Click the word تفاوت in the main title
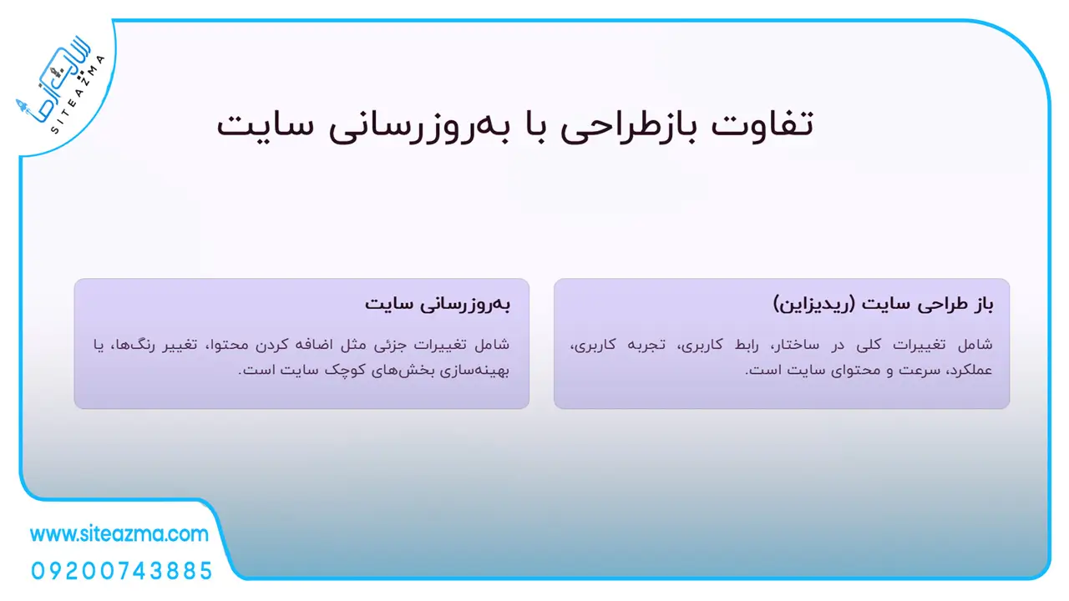762,124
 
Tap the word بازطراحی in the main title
629,126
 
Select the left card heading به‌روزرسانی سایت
438,305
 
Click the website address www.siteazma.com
119,534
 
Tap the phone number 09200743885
122,571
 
